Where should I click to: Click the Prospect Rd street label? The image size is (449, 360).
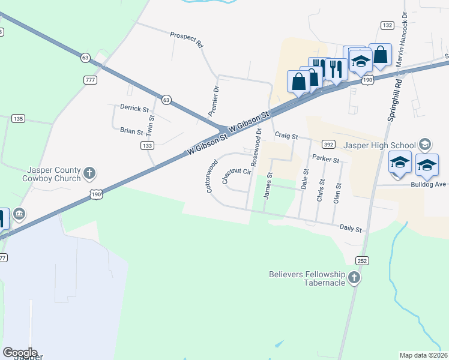(187, 40)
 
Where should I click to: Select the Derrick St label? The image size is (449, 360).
(134, 109)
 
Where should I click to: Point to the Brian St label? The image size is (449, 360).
(131, 131)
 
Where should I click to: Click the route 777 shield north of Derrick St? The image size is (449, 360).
(91, 80)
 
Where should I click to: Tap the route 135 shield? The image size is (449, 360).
(18, 119)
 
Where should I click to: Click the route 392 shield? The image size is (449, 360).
(328, 145)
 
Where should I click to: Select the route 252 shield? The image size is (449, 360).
(361, 261)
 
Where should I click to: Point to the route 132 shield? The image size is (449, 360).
(387, 25)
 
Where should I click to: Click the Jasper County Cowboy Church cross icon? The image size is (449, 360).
(89, 173)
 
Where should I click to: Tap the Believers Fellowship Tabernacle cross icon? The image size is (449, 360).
(354, 277)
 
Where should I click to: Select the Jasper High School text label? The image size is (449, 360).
(379, 145)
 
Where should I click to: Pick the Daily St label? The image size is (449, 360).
(351, 229)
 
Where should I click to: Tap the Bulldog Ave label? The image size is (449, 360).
(430, 184)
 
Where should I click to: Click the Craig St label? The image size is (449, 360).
(286, 136)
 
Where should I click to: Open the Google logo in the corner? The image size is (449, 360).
(20, 353)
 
